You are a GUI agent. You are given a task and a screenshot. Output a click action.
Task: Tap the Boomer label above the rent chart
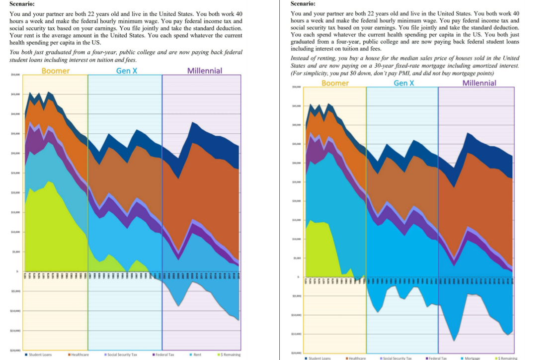click(56, 71)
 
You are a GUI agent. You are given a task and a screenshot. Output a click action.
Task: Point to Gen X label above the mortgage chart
click(403, 83)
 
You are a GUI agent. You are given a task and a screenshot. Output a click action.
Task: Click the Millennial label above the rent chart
click(204, 71)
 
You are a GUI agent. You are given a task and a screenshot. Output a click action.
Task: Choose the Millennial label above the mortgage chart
click(479, 83)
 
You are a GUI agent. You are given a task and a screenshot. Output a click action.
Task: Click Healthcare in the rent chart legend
click(79, 355)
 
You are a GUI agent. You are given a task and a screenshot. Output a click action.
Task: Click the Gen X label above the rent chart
click(127, 71)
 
